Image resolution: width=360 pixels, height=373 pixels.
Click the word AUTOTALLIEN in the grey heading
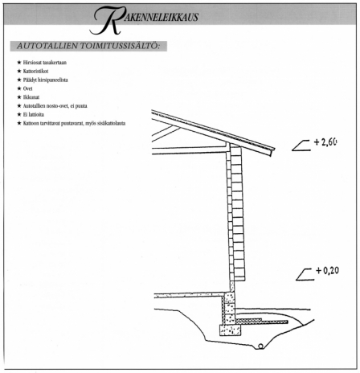click(47, 46)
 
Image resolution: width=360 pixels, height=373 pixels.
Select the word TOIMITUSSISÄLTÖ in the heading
click(120, 46)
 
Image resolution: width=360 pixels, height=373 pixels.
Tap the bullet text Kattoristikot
click(35, 72)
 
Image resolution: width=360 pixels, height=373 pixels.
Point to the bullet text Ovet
click(27, 88)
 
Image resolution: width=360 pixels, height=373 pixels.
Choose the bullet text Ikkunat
click(31, 97)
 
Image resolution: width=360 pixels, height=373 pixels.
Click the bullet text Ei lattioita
click(33, 115)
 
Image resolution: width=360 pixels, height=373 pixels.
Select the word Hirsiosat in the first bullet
click(32, 63)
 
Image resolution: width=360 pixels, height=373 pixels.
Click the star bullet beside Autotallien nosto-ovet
click(19, 106)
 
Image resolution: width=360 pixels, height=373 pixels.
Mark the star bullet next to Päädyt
click(19, 80)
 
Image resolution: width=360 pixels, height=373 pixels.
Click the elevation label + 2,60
click(325, 141)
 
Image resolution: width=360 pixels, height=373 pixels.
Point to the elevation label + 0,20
click(327, 270)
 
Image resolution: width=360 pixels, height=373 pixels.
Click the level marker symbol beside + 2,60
click(301, 146)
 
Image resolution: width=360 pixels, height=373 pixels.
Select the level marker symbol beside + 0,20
click(305, 275)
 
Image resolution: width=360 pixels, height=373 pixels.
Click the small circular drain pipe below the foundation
click(260, 346)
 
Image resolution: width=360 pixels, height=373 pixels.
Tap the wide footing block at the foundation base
click(230, 330)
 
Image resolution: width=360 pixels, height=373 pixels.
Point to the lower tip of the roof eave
click(272, 155)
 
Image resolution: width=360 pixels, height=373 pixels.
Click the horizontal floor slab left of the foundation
click(190, 295)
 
